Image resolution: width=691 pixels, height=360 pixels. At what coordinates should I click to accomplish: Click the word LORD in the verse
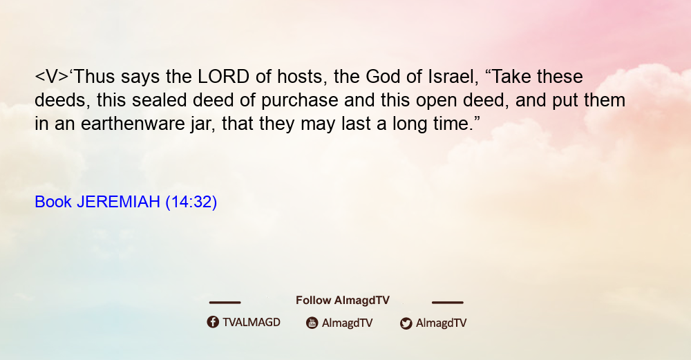(223, 77)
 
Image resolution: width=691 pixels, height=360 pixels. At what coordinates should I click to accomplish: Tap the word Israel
(453, 77)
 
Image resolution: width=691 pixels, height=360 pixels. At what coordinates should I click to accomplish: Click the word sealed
(160, 100)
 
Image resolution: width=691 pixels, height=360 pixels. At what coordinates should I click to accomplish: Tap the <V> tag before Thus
(52, 77)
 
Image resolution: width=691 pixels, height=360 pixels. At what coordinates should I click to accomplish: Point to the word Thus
(94, 77)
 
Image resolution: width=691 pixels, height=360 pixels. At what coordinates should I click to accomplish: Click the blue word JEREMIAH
(118, 202)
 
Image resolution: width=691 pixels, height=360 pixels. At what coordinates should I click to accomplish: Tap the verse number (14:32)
(191, 202)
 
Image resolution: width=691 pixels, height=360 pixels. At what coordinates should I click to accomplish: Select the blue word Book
(53, 202)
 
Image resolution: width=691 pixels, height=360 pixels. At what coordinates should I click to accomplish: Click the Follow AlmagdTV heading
(343, 301)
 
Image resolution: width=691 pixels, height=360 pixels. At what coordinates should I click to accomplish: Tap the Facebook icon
(213, 322)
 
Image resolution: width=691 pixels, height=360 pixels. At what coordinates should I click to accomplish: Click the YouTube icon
(312, 323)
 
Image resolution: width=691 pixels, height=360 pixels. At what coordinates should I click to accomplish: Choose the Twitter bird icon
(406, 323)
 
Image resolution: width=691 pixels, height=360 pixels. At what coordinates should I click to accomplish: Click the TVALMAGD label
(252, 323)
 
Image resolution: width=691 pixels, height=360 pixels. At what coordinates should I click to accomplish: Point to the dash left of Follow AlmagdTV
(225, 302)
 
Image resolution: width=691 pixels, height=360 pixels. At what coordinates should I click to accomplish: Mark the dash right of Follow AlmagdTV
(448, 302)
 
